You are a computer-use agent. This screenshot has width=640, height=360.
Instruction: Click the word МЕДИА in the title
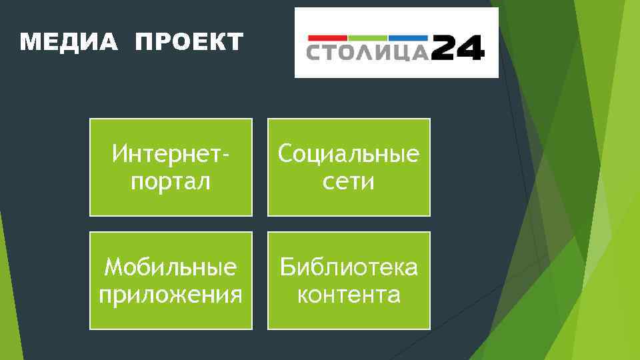click(69, 43)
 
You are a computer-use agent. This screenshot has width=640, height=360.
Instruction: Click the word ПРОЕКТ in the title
click(189, 43)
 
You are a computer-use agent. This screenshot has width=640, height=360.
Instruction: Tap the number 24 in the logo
click(457, 49)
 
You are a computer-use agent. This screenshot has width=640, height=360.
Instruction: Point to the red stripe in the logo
click(327, 37)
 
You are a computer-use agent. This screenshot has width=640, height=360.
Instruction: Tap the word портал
click(171, 181)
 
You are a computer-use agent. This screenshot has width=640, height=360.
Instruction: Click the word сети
click(349, 181)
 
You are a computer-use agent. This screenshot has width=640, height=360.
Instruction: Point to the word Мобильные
click(171, 267)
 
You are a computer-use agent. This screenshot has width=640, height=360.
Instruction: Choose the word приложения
click(171, 294)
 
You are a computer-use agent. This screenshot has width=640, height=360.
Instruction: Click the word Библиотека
click(349, 267)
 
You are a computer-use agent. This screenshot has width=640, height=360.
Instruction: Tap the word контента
click(349, 294)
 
